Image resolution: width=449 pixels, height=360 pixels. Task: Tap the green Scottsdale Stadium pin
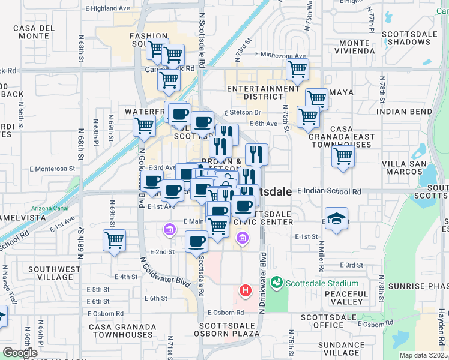point(277,281)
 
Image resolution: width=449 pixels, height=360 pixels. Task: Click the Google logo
point(20,353)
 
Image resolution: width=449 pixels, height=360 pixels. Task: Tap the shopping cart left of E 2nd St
point(114,241)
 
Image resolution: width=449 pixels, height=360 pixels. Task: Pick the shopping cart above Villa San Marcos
point(343,157)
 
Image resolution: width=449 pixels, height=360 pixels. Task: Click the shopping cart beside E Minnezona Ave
point(297,69)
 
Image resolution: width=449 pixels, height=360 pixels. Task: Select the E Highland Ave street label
point(108,8)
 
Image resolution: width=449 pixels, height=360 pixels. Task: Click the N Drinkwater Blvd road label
point(262,282)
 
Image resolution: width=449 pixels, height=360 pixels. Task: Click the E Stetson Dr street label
point(243,112)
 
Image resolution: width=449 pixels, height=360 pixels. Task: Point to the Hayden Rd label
point(441,329)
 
